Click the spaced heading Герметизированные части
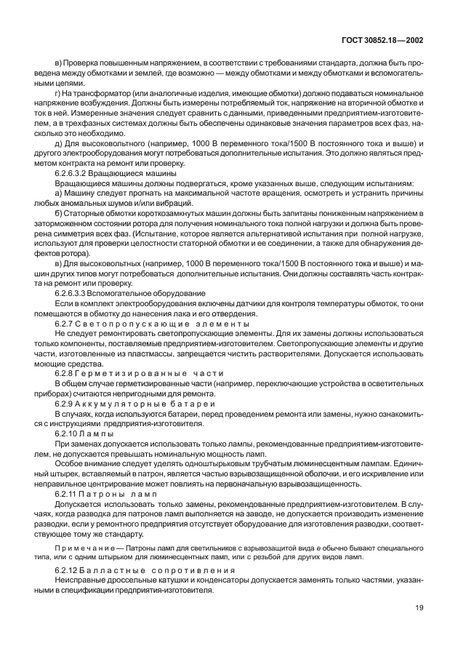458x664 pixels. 156,372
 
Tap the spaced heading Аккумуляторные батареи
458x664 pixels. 153,402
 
